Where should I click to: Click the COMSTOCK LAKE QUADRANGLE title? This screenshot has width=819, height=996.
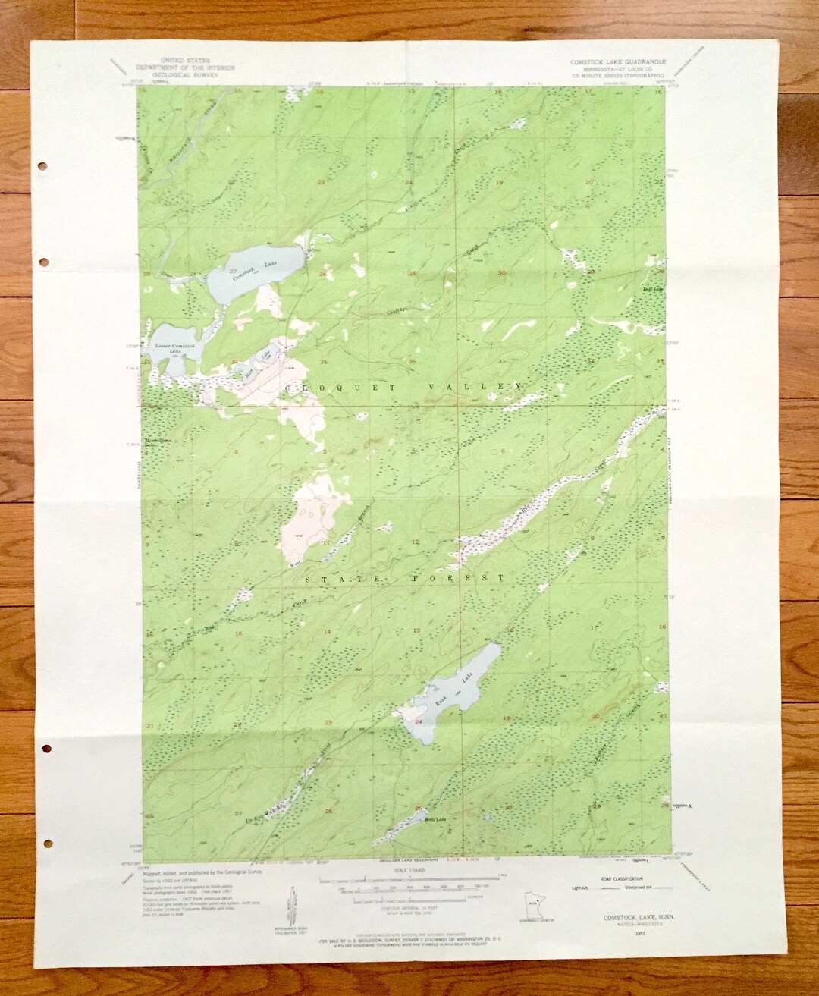[619, 60]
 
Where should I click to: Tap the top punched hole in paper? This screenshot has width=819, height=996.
[42, 165]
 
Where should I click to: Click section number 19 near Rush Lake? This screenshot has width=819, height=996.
[507, 717]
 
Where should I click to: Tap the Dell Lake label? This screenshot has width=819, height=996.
[653, 289]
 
